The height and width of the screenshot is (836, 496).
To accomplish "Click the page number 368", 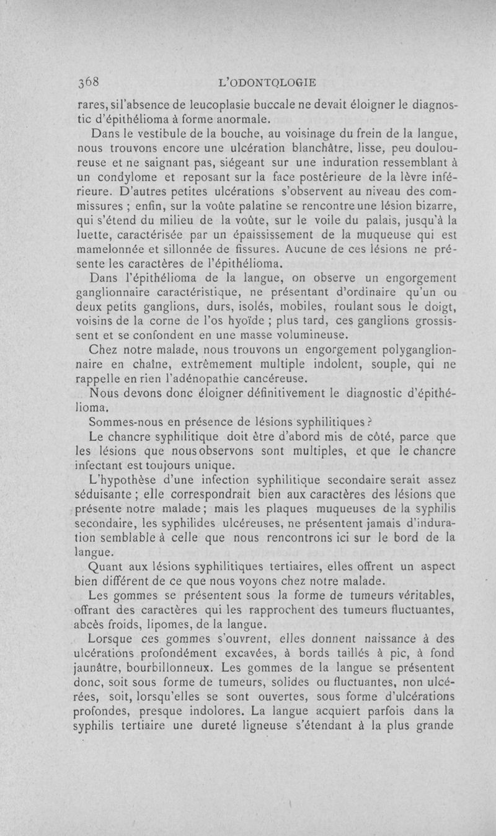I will point(90,82).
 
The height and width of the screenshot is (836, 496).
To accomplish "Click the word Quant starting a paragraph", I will point(109,566).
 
